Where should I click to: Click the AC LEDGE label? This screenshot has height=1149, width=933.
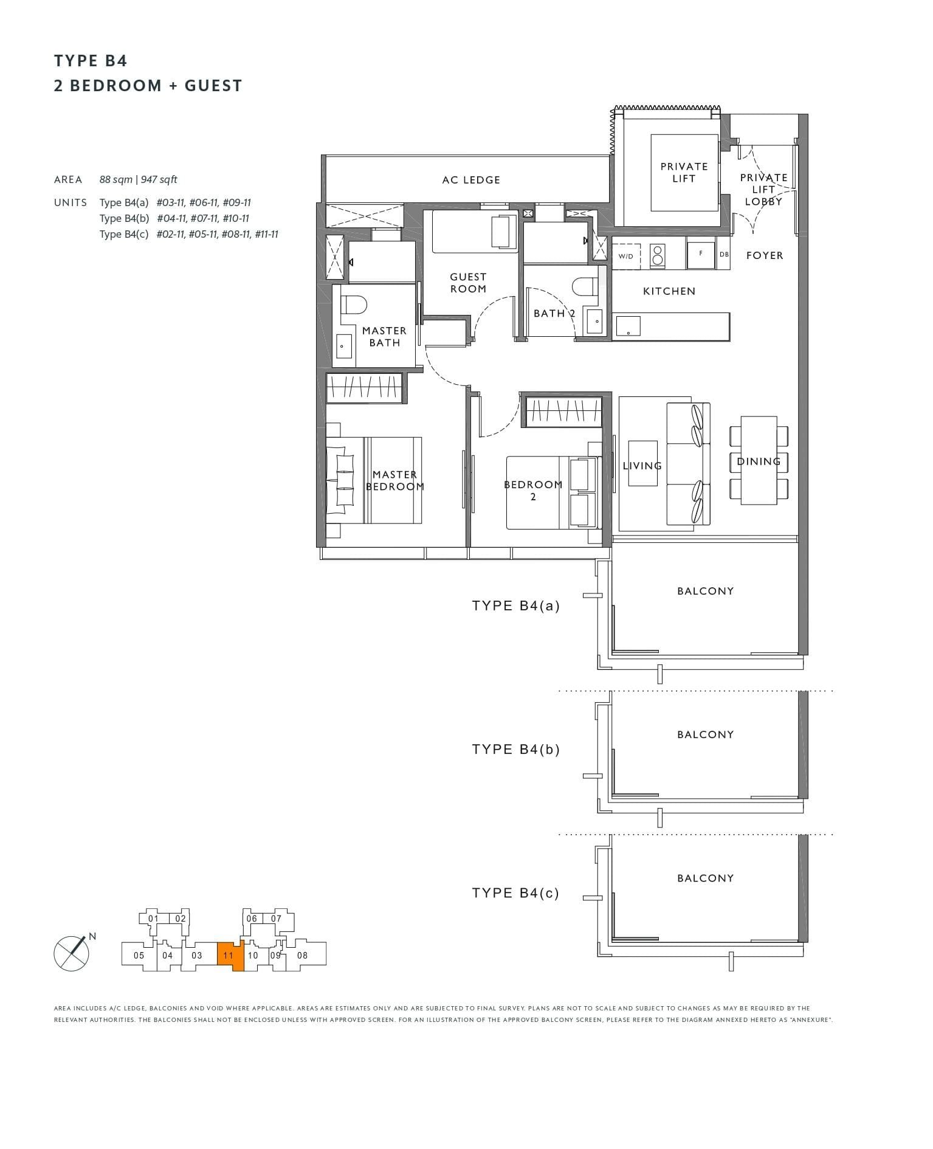pos(471,180)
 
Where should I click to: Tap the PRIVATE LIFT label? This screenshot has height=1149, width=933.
pos(684,172)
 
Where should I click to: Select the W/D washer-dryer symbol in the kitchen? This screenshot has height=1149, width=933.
pos(625,256)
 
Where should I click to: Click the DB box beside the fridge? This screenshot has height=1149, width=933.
pos(723,254)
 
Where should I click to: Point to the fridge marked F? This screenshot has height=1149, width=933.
pos(701,254)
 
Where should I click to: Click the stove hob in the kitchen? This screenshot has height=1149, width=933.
pos(656,255)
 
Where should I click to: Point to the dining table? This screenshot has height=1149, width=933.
pos(759,460)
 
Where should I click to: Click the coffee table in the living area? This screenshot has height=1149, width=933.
pos(642,463)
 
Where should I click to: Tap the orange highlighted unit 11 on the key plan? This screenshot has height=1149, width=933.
pos(230,955)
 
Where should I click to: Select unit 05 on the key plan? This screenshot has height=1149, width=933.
pos(139,955)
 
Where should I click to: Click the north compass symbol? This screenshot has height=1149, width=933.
pos(72,953)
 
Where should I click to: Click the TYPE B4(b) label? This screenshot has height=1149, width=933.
pos(515,749)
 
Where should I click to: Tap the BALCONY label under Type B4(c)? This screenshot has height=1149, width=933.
pos(705,878)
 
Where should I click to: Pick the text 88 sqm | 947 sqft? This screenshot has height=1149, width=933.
pos(139,179)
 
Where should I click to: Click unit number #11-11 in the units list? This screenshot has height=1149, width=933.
pos(266,234)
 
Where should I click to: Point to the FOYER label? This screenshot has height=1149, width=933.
pos(764,255)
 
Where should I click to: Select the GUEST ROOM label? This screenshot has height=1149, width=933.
pos(468,283)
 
